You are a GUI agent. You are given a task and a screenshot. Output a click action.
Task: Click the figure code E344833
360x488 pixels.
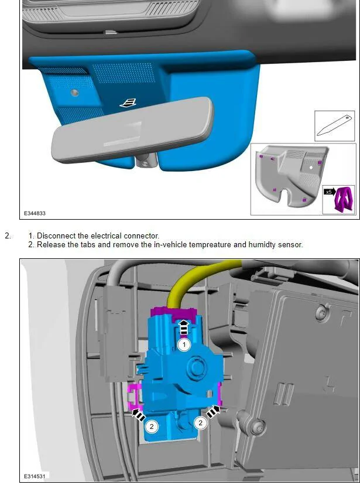(x=35, y=213)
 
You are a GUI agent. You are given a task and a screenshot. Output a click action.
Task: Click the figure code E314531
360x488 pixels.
(x=35, y=476)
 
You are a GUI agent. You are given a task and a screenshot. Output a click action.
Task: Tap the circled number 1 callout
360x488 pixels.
(x=184, y=345)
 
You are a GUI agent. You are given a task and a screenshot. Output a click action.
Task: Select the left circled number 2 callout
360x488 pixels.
(x=152, y=426)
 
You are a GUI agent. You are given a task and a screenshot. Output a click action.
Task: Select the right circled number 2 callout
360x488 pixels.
(x=201, y=422)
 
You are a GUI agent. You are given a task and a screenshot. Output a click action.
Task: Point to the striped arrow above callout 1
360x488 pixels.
(x=184, y=327)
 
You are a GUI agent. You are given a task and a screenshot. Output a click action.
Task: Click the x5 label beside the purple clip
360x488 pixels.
(x=329, y=192)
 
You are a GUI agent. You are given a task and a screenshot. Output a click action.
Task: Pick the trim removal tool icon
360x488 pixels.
(x=334, y=126)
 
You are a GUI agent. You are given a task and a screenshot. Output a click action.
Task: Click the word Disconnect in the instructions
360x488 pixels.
(x=56, y=236)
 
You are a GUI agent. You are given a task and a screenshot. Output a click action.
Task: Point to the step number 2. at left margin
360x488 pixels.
(x=8, y=236)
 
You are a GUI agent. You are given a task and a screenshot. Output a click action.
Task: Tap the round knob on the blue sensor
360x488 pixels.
(x=196, y=365)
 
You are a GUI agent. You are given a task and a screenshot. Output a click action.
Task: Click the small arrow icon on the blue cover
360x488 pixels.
(x=128, y=103)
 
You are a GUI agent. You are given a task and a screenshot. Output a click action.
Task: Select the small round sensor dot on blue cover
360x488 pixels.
(x=74, y=93)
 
